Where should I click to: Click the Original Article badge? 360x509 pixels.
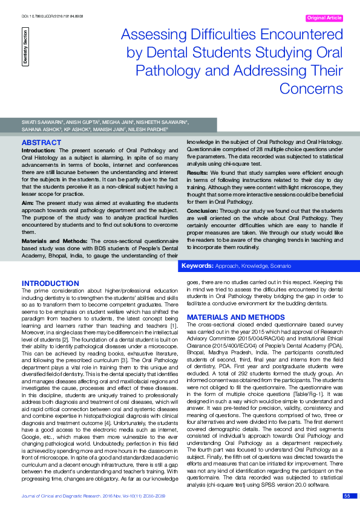324,18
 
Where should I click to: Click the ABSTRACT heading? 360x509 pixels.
41,143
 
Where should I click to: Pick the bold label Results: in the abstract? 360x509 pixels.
197,172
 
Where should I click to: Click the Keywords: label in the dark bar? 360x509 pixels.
196,266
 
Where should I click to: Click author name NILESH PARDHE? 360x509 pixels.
150,129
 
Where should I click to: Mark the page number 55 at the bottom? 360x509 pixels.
347,496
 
